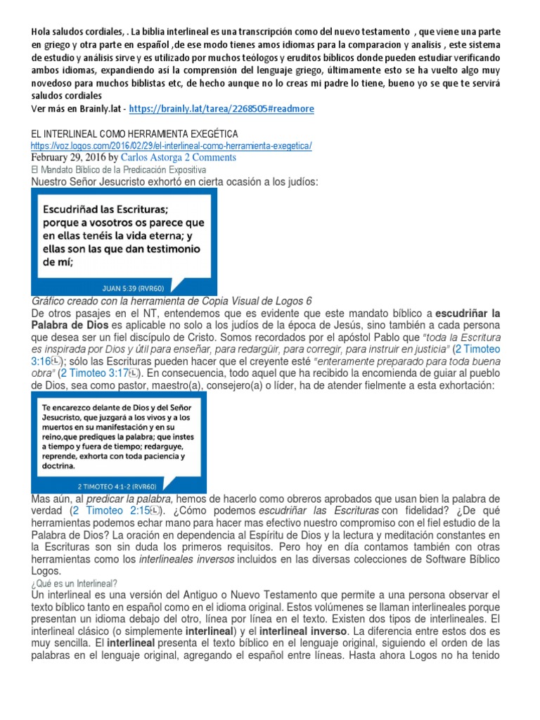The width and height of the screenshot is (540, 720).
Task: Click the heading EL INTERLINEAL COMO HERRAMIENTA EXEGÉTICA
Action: point(134,134)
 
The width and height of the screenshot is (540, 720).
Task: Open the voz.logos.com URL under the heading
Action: point(171,146)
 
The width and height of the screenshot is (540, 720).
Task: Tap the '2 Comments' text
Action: point(210,157)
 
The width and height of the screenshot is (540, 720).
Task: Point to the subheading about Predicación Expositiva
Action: point(117,170)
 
